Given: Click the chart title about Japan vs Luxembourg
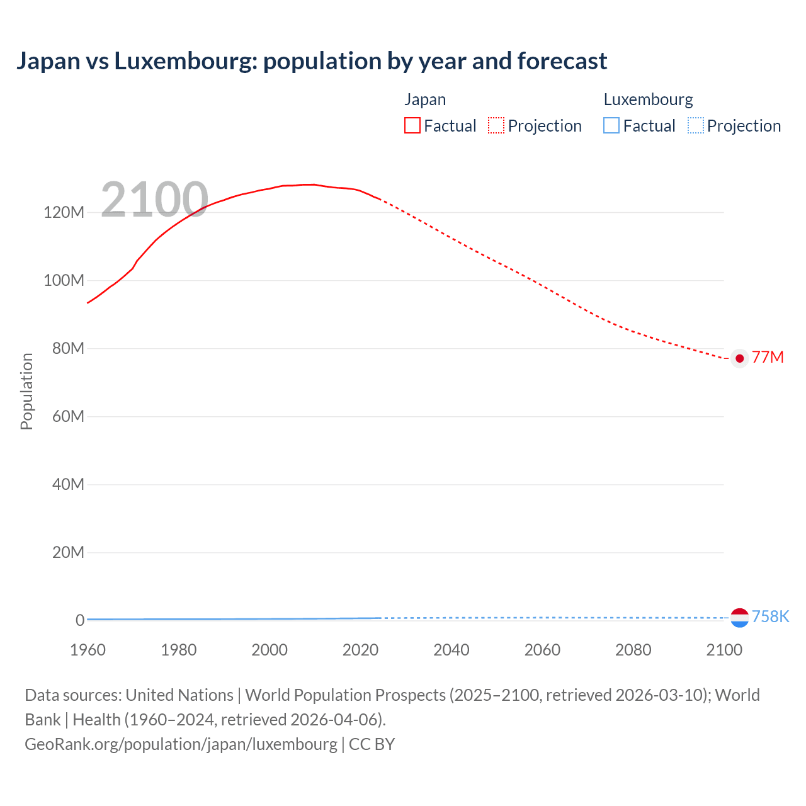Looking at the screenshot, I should pos(312,61).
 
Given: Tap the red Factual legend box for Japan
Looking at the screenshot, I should pos(412,126).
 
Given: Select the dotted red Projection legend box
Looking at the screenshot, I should pos(496,126).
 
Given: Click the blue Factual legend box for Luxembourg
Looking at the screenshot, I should pos(611,126).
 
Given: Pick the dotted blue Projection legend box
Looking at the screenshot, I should pos(696,126).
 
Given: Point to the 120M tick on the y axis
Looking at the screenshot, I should pos(64,212).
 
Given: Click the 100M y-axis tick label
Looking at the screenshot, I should pos(64,280).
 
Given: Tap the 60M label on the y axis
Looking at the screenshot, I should pos(68,416).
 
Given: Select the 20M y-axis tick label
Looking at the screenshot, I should pos(68,552).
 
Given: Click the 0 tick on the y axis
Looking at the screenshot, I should pos(80,620).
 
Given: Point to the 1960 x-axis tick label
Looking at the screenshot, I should pos(88,650).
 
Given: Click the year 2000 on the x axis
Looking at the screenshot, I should pos(270,650).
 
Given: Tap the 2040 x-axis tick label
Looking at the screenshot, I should pos(451,650).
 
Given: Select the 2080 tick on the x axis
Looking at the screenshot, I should pos(633,650).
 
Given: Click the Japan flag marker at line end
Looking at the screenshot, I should pos(740,358).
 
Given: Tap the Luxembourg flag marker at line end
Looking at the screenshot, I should pos(740,618).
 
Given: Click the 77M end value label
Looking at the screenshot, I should pos(768,358).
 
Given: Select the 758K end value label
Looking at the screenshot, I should pos(771,616).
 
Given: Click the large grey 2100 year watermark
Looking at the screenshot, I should pos(154,200).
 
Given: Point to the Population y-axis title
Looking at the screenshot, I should pos(26,391).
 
